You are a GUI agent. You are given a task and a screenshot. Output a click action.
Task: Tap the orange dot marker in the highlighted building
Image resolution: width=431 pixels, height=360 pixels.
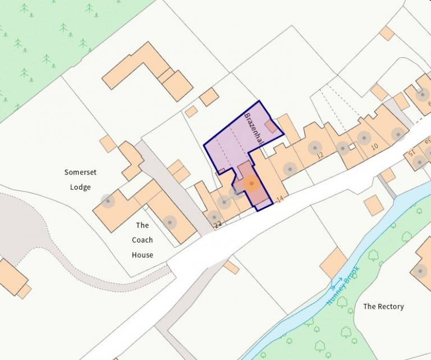tap(251, 184)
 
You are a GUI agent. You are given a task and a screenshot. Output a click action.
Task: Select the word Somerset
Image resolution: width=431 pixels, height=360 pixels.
tap(81, 172)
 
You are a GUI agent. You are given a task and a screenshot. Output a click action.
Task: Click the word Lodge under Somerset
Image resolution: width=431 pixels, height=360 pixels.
tap(81, 187)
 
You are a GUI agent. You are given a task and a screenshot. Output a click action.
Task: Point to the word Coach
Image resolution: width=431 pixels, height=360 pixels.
tap(143, 240)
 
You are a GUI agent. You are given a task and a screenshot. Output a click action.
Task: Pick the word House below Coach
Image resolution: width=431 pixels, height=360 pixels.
tap(143, 254)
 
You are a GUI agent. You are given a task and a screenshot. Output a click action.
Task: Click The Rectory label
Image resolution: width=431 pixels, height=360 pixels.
tap(383, 307)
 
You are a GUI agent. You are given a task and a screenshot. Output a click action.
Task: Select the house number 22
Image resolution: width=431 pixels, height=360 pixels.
tap(218, 225)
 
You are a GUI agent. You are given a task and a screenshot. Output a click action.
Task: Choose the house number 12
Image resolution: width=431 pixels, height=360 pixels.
tap(320, 155)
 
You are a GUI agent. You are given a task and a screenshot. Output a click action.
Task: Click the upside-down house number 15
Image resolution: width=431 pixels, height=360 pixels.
tap(411, 153)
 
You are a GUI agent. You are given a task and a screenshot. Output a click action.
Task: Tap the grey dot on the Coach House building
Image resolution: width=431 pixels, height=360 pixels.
tap(169, 222)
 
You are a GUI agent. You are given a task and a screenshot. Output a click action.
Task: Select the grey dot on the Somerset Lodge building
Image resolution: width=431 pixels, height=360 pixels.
tap(107, 200)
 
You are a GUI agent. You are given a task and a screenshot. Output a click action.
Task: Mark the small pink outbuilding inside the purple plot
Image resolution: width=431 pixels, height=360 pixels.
tap(270, 126)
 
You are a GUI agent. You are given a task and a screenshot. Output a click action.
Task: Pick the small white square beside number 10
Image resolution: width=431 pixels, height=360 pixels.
tap(352, 147)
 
